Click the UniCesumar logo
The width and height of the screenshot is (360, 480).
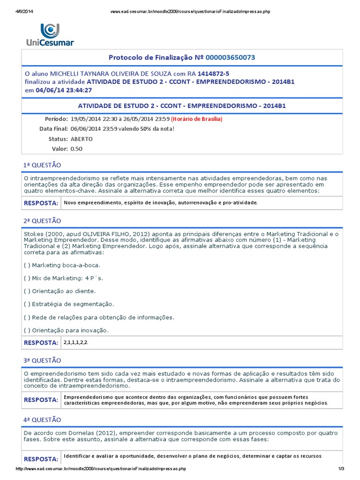click(50, 34)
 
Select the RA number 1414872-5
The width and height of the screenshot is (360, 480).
click(214, 74)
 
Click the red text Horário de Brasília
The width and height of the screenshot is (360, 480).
click(196, 119)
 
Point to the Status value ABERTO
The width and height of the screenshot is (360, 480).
click(82, 139)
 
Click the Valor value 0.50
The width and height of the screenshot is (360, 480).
click(76, 149)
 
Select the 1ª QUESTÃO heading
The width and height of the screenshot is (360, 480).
click(42, 165)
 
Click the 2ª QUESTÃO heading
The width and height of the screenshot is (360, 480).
click(42, 221)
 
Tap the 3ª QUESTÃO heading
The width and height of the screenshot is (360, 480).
click(42, 360)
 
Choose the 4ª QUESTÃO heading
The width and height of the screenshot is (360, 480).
click(42, 420)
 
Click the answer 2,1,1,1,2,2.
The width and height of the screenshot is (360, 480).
click(76, 343)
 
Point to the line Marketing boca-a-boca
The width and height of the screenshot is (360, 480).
click(62, 265)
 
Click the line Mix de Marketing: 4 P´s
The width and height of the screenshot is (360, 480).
click(63, 278)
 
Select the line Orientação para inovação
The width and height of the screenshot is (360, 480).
click(66, 330)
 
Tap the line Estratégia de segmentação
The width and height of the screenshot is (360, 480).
click(68, 304)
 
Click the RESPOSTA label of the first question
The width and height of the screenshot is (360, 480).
click(41, 203)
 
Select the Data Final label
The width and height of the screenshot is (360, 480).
click(53, 128)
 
